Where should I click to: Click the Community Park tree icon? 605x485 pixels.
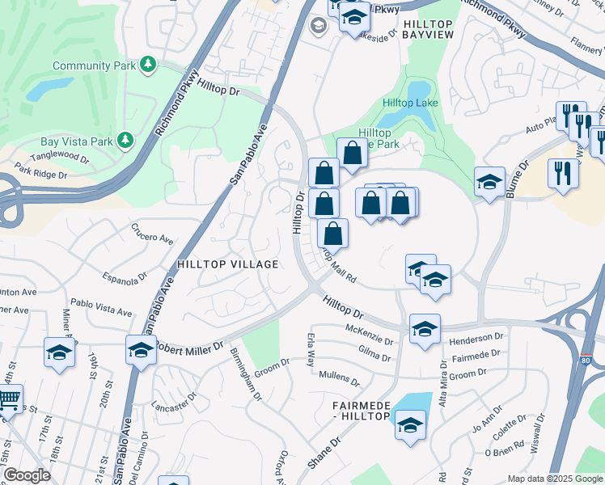click(x=147, y=64)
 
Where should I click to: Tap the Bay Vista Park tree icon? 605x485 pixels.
click(x=125, y=141)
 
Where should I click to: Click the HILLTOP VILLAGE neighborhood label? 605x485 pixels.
click(x=227, y=264)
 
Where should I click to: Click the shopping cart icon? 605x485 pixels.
click(x=8, y=399)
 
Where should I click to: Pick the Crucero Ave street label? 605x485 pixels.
click(x=153, y=234)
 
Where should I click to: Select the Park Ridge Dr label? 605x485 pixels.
click(x=40, y=171)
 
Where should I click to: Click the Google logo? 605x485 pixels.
click(x=26, y=475)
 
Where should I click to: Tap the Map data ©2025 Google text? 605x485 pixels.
click(x=554, y=479)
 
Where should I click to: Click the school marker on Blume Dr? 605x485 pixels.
click(x=489, y=183)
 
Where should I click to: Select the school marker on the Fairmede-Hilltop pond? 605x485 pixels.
click(x=410, y=425)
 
